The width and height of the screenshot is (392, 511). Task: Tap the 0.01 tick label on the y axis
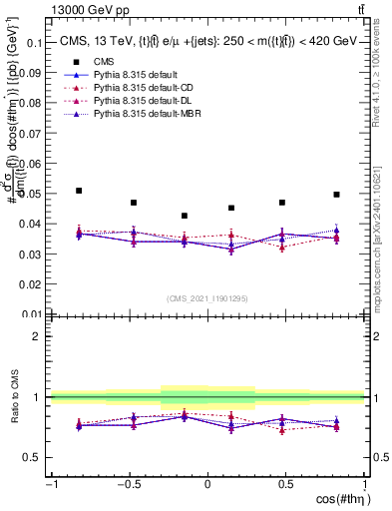click(x=30, y=313)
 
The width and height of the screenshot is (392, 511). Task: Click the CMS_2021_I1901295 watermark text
click(x=207, y=298)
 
